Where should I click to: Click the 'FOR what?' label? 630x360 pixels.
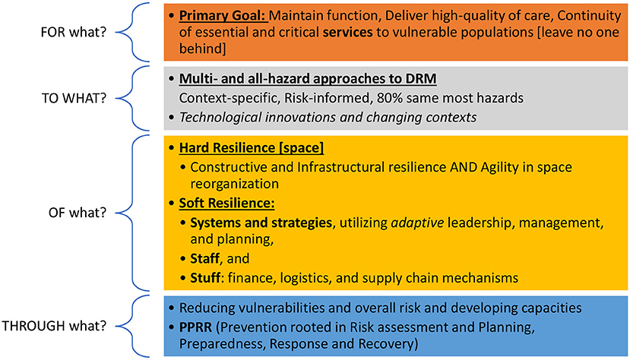tap(74, 32)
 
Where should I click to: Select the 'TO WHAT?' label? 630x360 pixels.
tap(74, 98)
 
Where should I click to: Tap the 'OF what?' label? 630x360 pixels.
tap(78, 213)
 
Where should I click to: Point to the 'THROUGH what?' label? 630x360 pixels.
tap(54, 326)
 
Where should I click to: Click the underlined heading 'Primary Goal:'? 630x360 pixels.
tap(223, 16)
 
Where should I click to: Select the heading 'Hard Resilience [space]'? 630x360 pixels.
tap(251, 147)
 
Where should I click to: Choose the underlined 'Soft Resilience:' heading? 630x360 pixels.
tap(226, 203)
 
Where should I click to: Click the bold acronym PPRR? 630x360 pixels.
tap(195, 327)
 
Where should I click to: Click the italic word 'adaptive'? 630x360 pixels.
tap(417, 223)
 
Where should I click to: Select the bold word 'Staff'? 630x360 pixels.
tap(205, 258)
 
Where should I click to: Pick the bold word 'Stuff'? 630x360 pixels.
tap(205, 278)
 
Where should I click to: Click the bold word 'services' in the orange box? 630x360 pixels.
tap(347, 32)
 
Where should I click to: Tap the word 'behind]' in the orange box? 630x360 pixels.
tap(202, 49)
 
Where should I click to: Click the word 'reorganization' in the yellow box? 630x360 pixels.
tap(234, 185)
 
